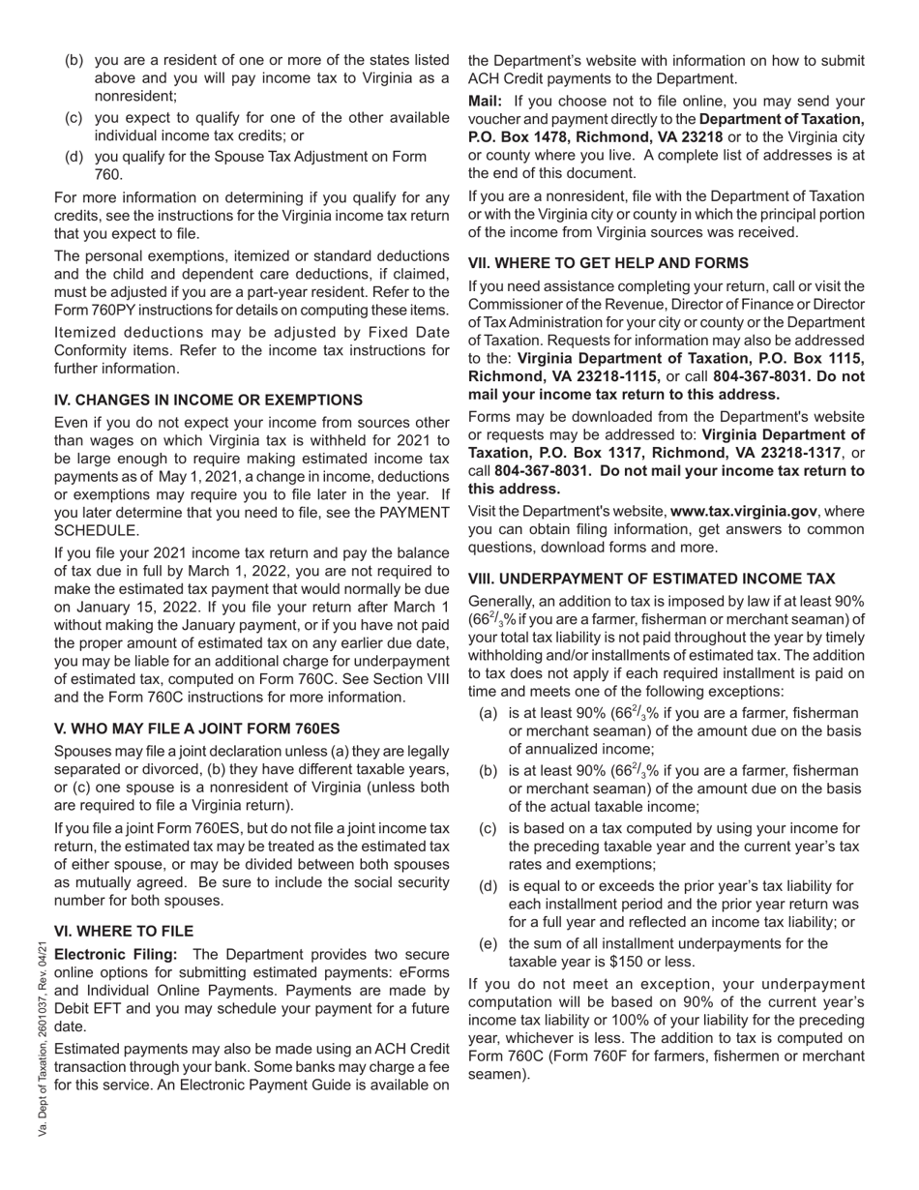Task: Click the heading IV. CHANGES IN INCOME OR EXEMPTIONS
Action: click(208, 400)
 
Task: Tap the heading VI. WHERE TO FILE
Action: click(124, 931)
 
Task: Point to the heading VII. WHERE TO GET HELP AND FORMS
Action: click(608, 262)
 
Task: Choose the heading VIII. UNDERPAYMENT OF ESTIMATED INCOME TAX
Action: click(651, 579)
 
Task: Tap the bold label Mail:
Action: click(485, 101)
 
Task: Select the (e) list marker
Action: click(489, 943)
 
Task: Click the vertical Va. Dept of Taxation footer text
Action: click(44, 1040)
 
